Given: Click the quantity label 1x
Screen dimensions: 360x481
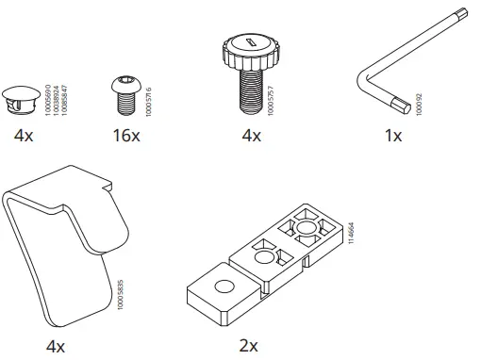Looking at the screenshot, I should (394, 137).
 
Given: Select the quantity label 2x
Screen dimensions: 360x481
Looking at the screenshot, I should (249, 346).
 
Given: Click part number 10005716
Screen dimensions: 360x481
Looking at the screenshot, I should (149, 97).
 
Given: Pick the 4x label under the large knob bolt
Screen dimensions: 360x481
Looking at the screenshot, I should (251, 137).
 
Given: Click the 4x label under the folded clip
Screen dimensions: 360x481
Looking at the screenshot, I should (54, 346).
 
